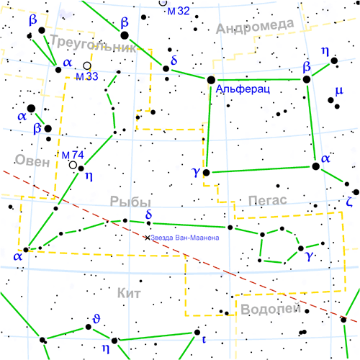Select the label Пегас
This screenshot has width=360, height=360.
point(267,199)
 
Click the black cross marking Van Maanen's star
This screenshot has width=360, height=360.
point(148,237)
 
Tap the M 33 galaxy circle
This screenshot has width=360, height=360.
point(87,66)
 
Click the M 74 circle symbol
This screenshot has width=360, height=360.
point(73,165)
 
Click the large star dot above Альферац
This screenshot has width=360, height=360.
point(211,80)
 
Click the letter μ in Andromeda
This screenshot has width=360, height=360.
point(339,90)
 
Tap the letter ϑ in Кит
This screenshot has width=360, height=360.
point(96,318)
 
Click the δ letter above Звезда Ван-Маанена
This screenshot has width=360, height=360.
point(148,215)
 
